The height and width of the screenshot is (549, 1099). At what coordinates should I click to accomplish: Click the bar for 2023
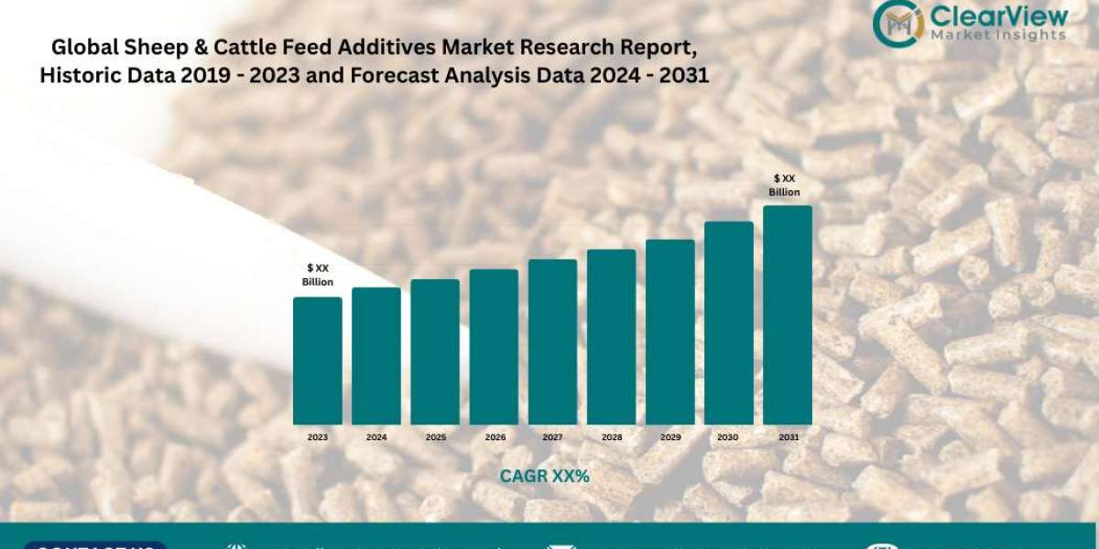click(x=317, y=361)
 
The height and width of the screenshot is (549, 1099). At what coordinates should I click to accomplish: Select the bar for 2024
click(x=376, y=356)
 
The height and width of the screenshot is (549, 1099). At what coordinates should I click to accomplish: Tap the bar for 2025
click(x=435, y=351)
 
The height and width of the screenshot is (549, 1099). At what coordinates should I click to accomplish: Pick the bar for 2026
click(x=494, y=347)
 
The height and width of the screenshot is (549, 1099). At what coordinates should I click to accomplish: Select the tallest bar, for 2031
click(x=788, y=315)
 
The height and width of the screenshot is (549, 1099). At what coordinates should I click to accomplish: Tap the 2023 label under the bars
click(x=317, y=437)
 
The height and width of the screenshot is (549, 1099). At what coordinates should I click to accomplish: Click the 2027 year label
click(x=552, y=437)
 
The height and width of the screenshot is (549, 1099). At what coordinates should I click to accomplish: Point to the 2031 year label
click(x=788, y=437)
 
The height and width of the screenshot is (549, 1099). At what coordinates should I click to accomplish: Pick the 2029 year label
click(x=670, y=437)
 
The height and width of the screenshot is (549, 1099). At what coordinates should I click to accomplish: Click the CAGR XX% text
click(x=544, y=477)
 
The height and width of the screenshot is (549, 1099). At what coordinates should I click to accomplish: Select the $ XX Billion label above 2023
click(x=318, y=274)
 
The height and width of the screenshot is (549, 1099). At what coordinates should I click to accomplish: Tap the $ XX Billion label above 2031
click(x=785, y=185)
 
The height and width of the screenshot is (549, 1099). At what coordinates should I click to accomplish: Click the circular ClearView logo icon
click(x=897, y=24)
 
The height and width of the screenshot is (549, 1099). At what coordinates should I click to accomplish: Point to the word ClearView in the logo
click(x=997, y=16)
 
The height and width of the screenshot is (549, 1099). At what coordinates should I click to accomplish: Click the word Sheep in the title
click(x=145, y=47)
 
